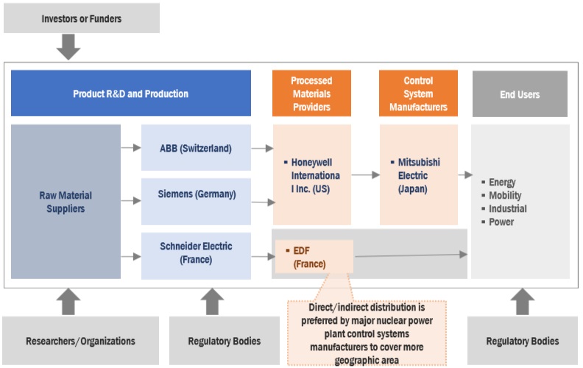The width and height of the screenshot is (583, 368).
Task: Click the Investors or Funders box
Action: click(82, 18)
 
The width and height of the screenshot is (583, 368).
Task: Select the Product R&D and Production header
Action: click(130, 93)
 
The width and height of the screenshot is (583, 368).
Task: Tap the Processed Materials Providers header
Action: click(311, 93)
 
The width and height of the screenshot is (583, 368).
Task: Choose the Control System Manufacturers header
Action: click(418, 93)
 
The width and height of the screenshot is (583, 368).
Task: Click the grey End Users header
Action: click(519, 94)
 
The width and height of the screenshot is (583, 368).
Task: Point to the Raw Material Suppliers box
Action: click(66, 202)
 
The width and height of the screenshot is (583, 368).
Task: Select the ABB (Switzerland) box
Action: click(196, 148)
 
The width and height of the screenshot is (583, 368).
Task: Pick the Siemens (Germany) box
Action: click(196, 194)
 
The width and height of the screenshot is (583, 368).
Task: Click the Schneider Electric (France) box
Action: click(196, 252)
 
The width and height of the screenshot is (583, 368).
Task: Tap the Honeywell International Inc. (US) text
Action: click(314, 176)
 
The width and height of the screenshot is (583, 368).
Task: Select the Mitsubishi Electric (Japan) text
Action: click(419, 176)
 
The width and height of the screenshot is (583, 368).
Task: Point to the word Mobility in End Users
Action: click(505, 196)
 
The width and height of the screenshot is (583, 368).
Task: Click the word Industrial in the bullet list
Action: click(507, 209)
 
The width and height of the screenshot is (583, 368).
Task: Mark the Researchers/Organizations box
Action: click(80, 341)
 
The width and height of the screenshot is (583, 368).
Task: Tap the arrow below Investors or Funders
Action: click(68, 46)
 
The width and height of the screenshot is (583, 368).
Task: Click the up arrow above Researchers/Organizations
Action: click(68, 302)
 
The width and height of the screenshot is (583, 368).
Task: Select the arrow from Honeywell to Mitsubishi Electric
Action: click(365, 175)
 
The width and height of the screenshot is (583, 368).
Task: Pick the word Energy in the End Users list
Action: click(502, 183)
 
